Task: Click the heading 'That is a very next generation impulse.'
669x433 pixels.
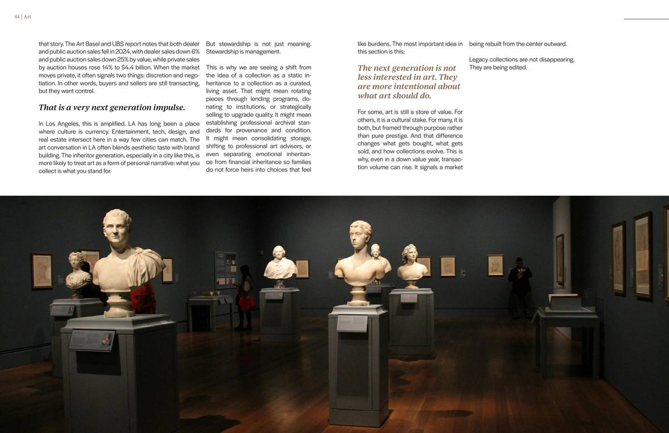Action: (x=111, y=107)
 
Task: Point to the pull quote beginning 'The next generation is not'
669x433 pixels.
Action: (x=409, y=81)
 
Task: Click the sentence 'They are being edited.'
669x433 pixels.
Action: (x=498, y=68)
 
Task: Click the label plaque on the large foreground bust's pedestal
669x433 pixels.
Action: (x=91, y=339)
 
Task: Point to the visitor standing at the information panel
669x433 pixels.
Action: (x=245, y=296)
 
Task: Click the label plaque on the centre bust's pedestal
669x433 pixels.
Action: (x=352, y=323)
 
